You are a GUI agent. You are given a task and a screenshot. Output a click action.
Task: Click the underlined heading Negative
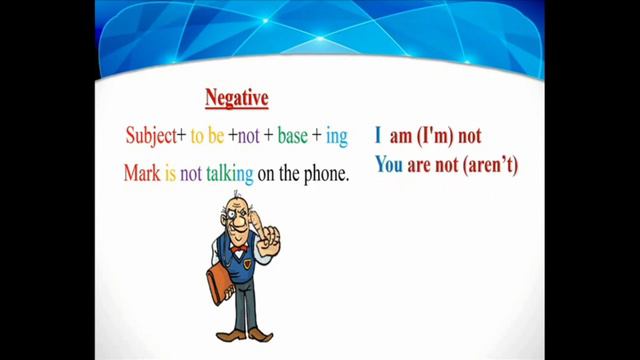236,98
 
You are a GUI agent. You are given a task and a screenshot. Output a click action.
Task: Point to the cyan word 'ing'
336,135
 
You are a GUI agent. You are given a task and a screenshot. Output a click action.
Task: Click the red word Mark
142,173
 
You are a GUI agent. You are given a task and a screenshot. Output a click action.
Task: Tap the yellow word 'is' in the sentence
171,173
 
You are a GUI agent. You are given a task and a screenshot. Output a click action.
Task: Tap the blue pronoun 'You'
389,164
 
